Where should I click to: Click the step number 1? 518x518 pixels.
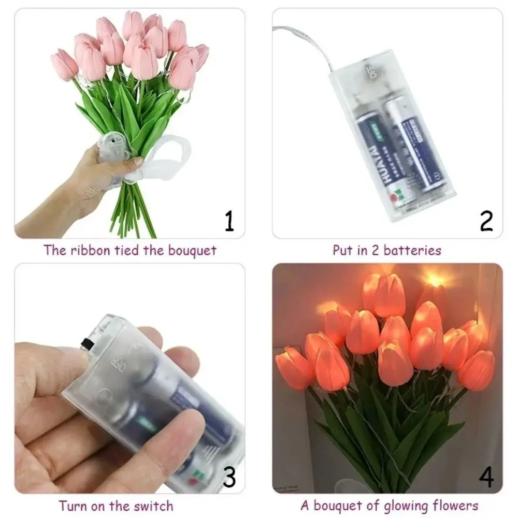[229, 220]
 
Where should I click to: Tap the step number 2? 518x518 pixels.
[486, 220]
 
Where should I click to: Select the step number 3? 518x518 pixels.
[229, 477]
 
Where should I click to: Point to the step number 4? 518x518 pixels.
[486, 477]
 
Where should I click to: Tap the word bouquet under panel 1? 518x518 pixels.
[191, 251]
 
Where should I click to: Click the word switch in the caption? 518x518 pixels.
[153, 506]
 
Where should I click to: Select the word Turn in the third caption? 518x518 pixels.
[73, 506]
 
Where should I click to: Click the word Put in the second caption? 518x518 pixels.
[342, 251]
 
